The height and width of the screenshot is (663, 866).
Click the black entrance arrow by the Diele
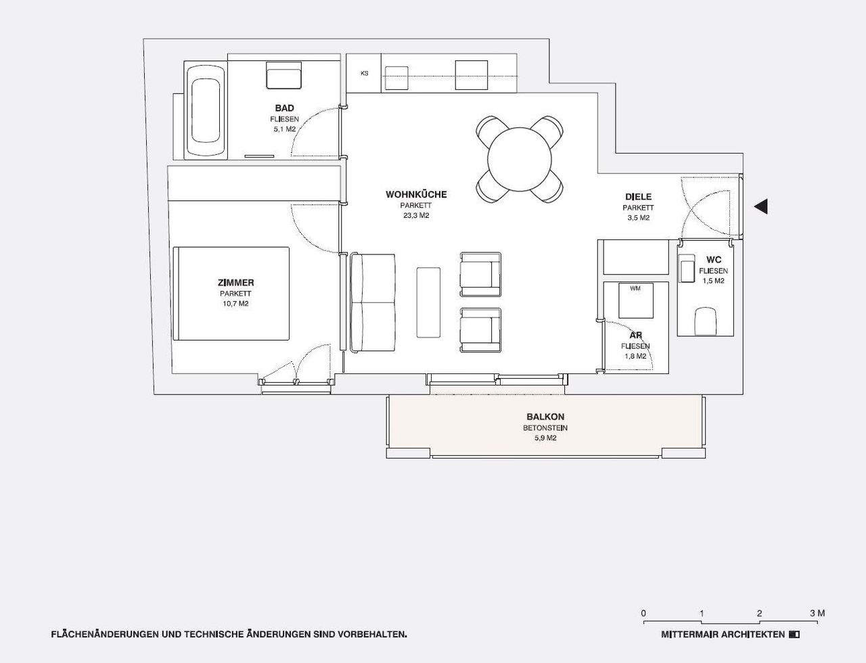[760, 206]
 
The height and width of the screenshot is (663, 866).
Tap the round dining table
[520, 160]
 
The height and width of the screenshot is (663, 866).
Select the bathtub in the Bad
[206, 110]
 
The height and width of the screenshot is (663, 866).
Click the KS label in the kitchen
[364, 73]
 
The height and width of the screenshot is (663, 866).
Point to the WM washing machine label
[635, 288]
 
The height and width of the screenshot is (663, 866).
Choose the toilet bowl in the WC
[705, 321]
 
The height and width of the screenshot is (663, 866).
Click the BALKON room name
[545, 417]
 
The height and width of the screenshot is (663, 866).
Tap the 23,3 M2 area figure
[416, 216]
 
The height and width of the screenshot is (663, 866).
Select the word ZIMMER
[235, 283]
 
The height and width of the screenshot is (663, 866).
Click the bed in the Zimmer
[231, 293]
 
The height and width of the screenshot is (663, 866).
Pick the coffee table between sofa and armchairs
[428, 302]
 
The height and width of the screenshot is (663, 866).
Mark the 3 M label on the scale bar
[817, 613]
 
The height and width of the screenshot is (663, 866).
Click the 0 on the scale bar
[643, 613]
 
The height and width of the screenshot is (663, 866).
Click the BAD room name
[285, 108]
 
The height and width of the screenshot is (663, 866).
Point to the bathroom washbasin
[283, 75]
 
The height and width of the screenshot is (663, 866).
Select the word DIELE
[639, 196]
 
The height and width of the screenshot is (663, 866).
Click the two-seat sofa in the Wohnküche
[373, 303]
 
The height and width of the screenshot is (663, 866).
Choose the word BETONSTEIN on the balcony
[545, 428]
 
